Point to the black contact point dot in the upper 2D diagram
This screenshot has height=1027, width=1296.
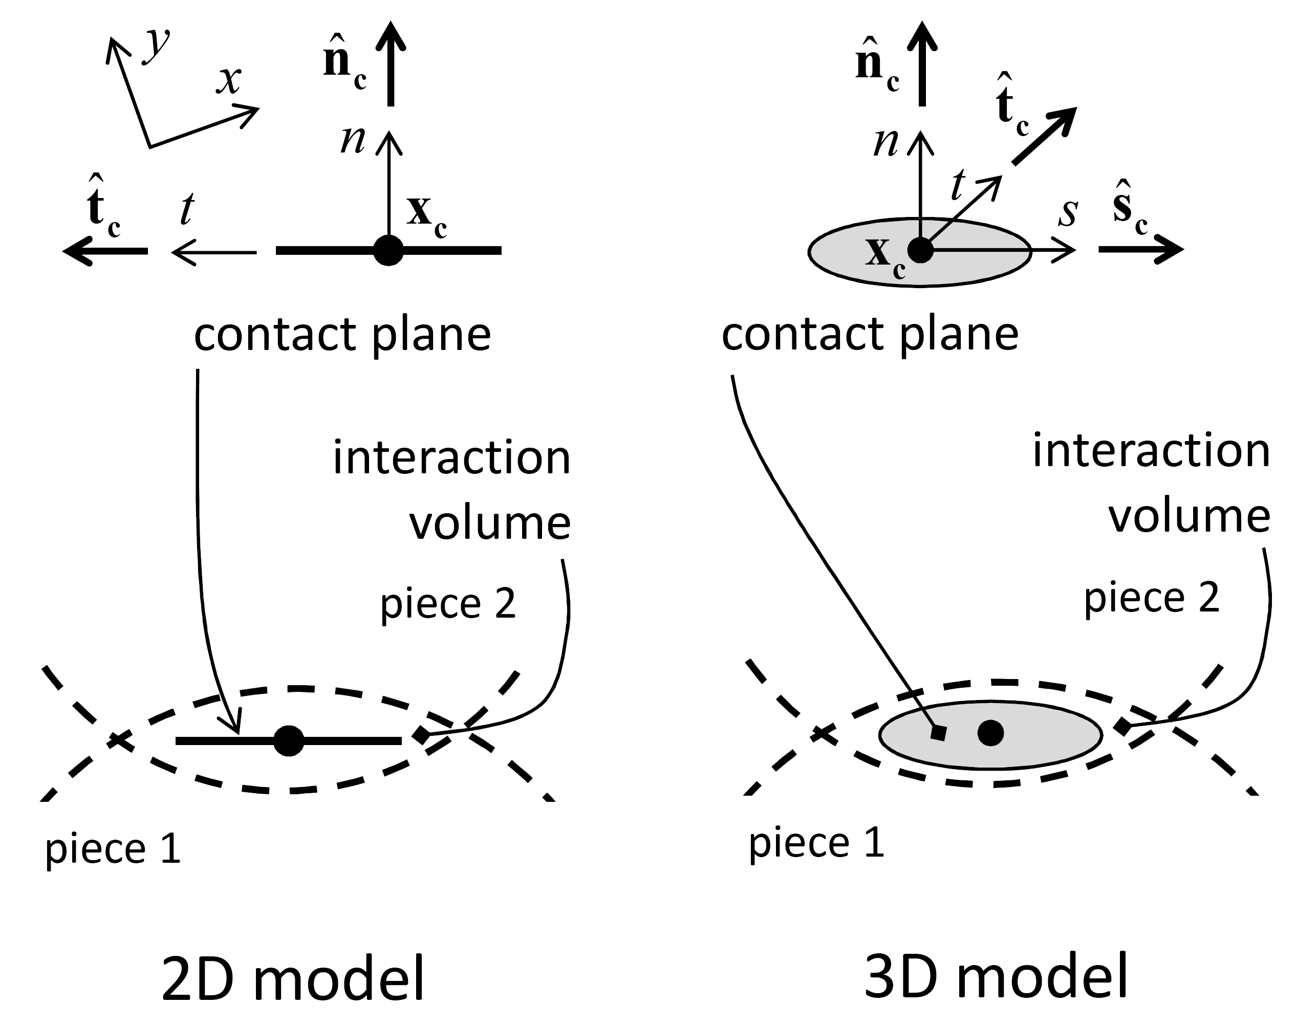388,250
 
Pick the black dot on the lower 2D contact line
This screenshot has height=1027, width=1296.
289,740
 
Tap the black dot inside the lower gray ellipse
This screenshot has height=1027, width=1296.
990,733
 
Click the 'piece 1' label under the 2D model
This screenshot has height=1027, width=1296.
113,848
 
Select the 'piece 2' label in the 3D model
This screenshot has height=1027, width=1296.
1152,597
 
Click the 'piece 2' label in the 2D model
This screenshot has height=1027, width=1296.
448,603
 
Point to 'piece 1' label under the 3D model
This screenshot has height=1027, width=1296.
816,842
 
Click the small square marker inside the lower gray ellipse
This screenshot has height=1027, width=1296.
938,733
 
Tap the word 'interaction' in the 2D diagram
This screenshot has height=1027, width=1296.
451,458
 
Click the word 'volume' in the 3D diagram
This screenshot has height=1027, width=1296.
1189,517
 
